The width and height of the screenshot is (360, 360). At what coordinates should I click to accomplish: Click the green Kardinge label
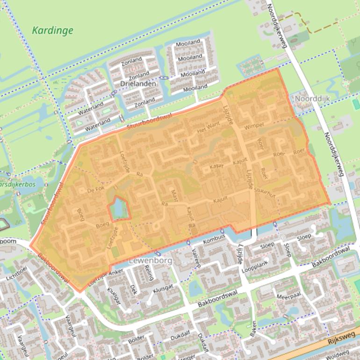click(52, 31)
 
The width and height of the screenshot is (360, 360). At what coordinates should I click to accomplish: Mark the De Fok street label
click(94, 190)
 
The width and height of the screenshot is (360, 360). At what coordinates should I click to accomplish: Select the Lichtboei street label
click(17, 274)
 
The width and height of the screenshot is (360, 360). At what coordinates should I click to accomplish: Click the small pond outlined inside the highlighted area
click(119, 209)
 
